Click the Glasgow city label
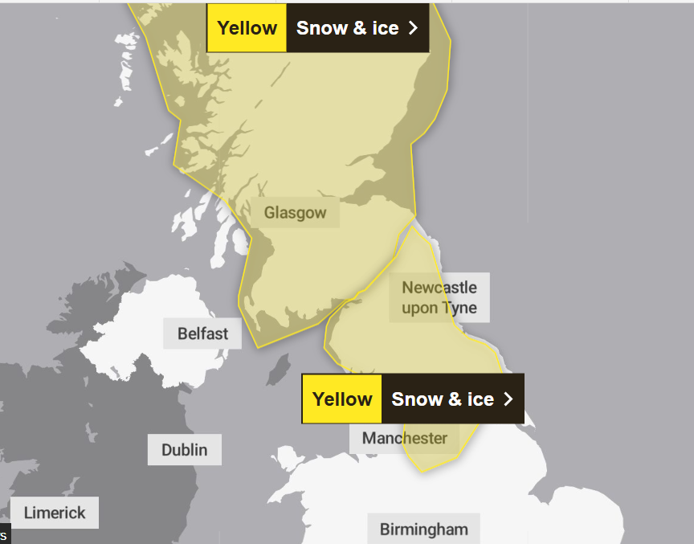295,213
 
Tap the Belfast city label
202,333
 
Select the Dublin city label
184,450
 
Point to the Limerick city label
55,513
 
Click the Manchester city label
404,438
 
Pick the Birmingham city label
423,530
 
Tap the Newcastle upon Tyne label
439,297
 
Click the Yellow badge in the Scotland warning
247,28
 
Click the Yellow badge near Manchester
342,399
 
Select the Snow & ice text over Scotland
347,28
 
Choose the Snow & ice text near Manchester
442,399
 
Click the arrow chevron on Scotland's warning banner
414,28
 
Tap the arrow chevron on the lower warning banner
508,399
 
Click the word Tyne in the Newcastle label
459,308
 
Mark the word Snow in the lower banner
414,399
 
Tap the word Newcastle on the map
439,288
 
